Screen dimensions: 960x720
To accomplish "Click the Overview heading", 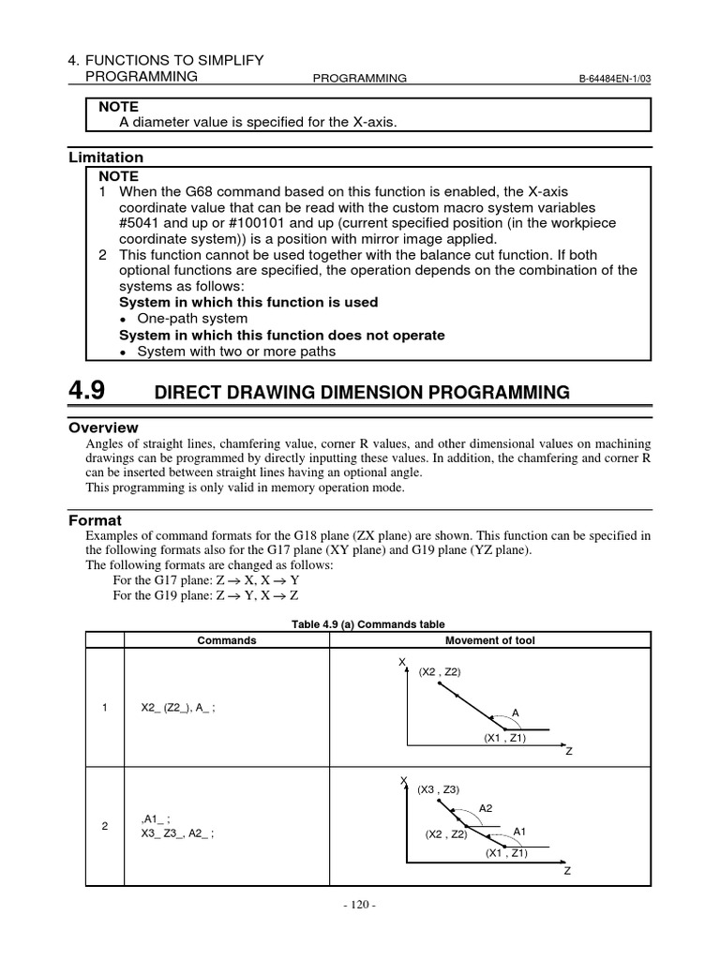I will tap(104, 427).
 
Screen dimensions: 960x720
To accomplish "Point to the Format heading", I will tap(96, 519).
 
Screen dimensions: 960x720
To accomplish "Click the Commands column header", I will tap(226, 640).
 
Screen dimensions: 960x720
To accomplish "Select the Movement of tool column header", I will tap(489, 640).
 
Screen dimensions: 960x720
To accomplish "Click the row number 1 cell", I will tap(105, 708).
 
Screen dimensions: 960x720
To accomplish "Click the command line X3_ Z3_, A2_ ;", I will tap(177, 832).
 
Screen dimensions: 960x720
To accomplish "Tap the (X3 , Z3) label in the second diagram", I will tap(439, 790).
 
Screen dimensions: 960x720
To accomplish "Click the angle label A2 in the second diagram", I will tap(485, 807).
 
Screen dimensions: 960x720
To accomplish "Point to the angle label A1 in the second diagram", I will tap(520, 832).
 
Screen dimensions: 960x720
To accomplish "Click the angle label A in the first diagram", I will tap(514, 712).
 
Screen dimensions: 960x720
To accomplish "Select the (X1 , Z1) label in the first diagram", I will tap(505, 738).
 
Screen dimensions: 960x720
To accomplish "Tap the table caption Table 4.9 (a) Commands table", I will tap(367, 624).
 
